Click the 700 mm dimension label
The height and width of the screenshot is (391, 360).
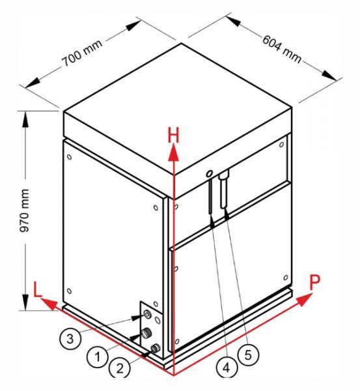coord(82,53)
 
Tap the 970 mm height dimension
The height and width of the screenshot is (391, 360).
coord(25,210)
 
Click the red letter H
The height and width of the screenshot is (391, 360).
coord(173,135)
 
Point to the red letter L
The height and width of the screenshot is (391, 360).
coord(37,289)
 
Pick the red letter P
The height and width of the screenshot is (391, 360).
coord(314,283)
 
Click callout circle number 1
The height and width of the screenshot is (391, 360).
coord(98,356)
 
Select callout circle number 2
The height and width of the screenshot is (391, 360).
coord(120,368)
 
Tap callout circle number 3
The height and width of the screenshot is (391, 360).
coord(70,339)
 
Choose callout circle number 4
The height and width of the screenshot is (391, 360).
coord(226,367)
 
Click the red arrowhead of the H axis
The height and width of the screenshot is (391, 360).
coord(173,152)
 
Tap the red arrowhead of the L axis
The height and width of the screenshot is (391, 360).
coord(49,304)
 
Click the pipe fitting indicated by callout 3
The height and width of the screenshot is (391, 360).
coord(148,315)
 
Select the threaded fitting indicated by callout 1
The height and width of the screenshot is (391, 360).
coord(145,333)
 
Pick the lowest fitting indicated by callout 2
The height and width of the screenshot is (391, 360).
coord(156,347)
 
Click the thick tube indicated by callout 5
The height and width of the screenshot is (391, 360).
coord(224,190)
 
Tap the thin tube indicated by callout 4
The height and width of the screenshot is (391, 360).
coord(210,195)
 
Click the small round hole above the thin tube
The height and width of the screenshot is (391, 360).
coord(210,173)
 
